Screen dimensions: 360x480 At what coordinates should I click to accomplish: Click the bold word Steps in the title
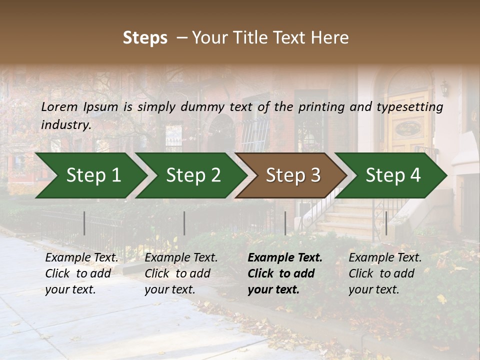click(145, 38)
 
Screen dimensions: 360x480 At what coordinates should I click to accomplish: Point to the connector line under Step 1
click(84, 223)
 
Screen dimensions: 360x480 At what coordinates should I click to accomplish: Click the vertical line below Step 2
click(184, 223)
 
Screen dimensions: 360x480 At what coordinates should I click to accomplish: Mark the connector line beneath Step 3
click(285, 223)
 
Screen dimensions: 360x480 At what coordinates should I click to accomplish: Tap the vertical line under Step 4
click(386, 223)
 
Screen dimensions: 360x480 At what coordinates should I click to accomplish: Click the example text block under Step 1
click(81, 273)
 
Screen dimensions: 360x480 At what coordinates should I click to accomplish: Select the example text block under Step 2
click(181, 273)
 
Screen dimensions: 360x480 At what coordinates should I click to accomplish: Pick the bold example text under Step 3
click(285, 273)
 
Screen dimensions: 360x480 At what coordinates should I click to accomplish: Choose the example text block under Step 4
click(385, 273)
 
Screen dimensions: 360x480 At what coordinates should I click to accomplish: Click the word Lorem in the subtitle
click(59, 106)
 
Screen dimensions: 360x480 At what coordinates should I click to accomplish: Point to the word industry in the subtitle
click(66, 125)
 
